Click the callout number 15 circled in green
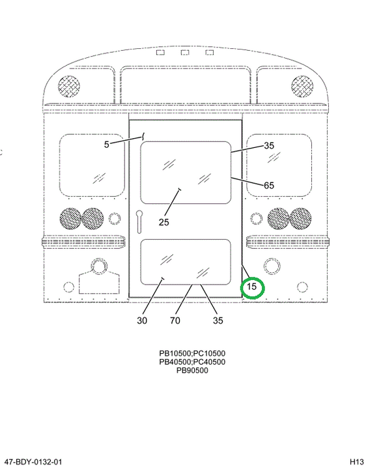pyautogui.click(x=251, y=287)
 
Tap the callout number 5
pyautogui.click(x=107, y=145)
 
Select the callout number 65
pyautogui.click(x=268, y=186)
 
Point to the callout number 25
pyautogui.click(x=163, y=222)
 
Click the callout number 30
pyautogui.click(x=142, y=320)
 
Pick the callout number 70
pyautogui.click(x=175, y=320)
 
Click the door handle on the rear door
pyautogui.click(x=139, y=221)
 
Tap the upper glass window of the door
pyautogui.click(x=186, y=173)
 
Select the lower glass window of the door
pyautogui.click(x=186, y=262)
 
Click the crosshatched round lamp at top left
pyautogui.click(x=69, y=87)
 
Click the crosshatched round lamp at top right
pyautogui.click(x=302, y=87)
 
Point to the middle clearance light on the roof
pyautogui.click(x=185, y=53)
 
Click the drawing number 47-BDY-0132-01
pyautogui.click(x=33, y=462)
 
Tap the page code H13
pyautogui.click(x=357, y=462)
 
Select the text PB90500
pyautogui.click(x=191, y=371)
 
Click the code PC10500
pyautogui.click(x=209, y=354)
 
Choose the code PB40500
pyautogui.click(x=175, y=362)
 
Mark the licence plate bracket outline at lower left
pyautogui.click(x=99, y=282)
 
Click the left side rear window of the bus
pyautogui.click(x=92, y=165)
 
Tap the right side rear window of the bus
pyautogui.click(x=279, y=165)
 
